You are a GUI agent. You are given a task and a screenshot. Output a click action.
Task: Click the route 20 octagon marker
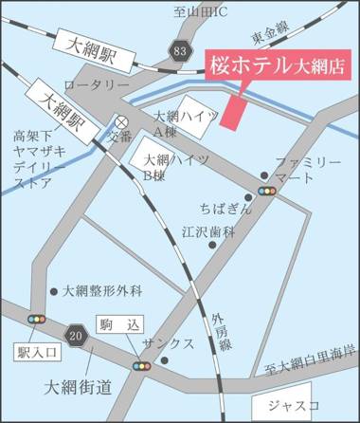(x=77, y=333)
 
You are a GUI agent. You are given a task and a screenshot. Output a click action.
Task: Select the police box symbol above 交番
(x=122, y=121)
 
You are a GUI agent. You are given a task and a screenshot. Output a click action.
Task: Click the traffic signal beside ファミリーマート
(x=269, y=190)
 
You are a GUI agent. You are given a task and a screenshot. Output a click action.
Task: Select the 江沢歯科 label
(x=207, y=230)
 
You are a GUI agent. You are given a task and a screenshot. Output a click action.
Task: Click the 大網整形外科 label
(x=101, y=291)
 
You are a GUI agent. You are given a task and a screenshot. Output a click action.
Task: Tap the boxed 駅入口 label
(x=38, y=352)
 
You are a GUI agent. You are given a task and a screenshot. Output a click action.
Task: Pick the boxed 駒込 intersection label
(x=113, y=324)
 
